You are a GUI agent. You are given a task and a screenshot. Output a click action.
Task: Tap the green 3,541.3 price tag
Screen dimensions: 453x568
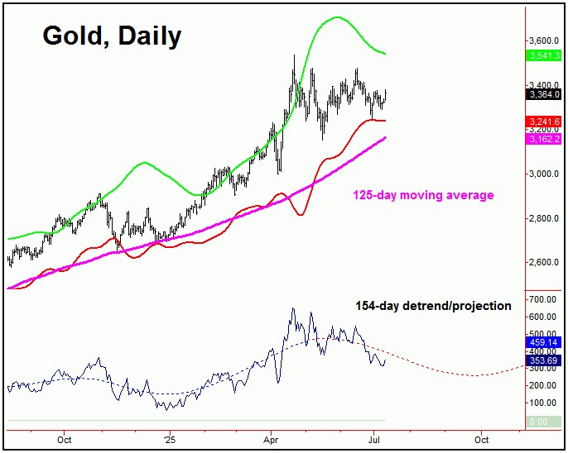[x=542, y=55]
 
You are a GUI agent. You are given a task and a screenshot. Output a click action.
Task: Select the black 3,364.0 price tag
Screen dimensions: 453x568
[x=542, y=94]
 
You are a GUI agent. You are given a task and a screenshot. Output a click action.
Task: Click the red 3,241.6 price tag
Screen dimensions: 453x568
[x=542, y=121]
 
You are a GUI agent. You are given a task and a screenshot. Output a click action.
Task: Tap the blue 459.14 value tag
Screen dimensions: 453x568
[x=542, y=341]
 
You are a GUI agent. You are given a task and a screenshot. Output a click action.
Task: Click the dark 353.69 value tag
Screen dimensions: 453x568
[x=542, y=360]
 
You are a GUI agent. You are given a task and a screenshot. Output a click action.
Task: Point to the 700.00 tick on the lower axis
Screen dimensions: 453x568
[x=544, y=298]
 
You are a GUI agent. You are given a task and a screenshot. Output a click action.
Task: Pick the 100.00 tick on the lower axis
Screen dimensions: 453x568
[x=544, y=403]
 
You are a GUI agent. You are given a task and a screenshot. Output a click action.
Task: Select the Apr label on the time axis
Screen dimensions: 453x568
[x=271, y=439]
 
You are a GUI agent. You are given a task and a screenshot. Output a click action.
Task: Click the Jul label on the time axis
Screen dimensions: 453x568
[x=375, y=439]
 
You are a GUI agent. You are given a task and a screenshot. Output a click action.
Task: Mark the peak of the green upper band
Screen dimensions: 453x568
[x=337, y=17]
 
